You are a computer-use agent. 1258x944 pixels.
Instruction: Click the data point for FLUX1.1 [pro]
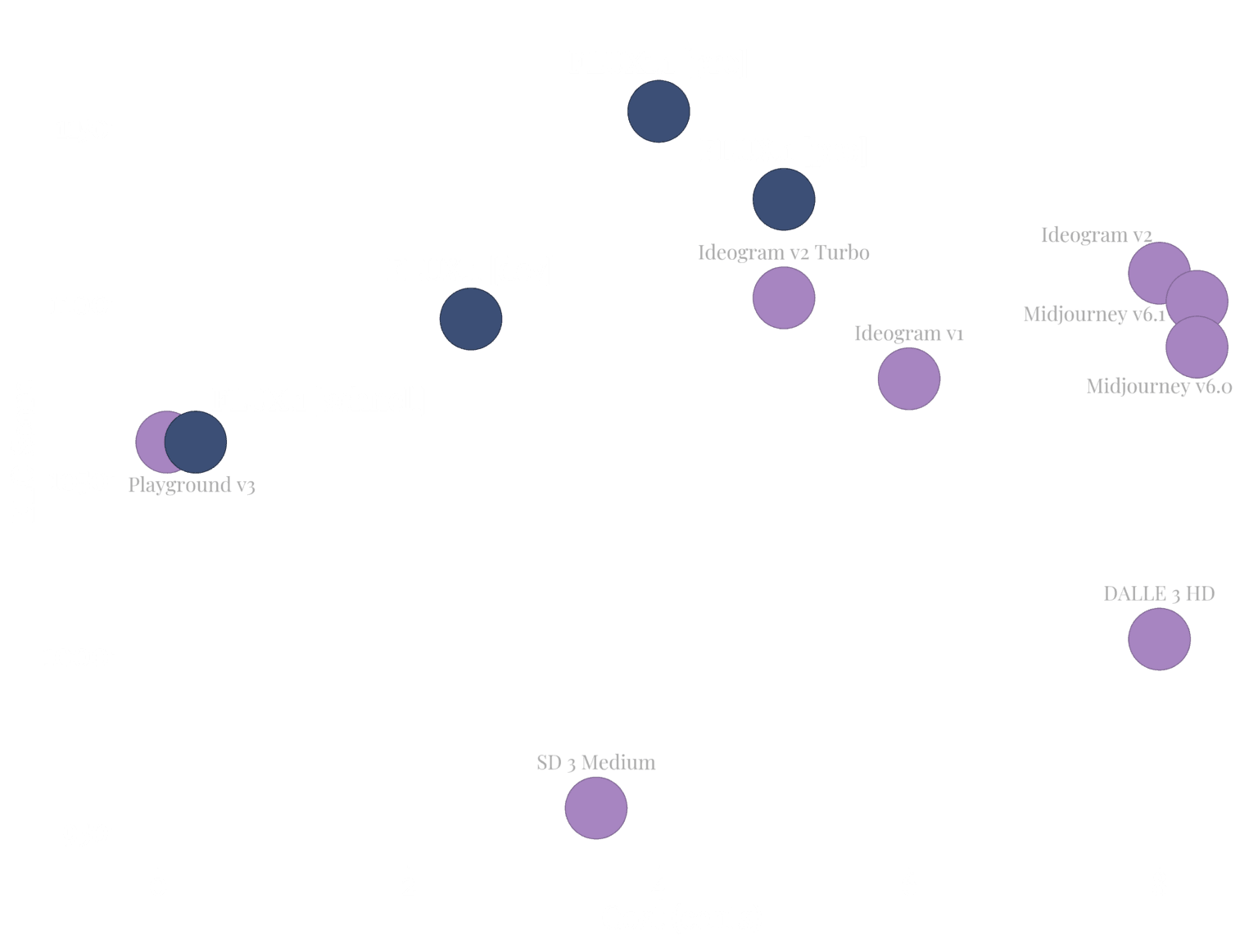coord(658,111)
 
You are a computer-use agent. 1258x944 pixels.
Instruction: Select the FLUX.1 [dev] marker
coord(471,320)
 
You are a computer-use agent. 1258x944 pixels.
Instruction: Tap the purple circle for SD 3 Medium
coord(596,809)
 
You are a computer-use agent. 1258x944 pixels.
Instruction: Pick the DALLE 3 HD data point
coord(1159,639)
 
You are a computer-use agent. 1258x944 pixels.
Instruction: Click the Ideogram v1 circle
coord(908,379)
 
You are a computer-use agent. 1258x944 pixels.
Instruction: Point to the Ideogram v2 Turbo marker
coord(784,297)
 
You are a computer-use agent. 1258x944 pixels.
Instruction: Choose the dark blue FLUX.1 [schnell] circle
coord(196,442)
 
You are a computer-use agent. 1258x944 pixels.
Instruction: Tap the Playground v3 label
coord(192,485)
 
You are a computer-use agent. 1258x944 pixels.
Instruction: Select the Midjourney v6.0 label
coord(1159,386)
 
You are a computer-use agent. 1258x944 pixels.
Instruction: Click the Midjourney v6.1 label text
coord(1094,314)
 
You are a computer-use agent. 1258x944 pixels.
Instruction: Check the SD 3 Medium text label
coord(596,763)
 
